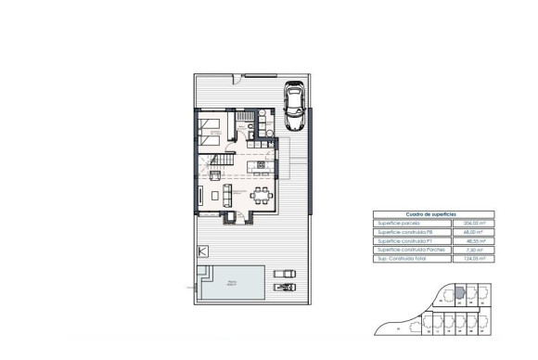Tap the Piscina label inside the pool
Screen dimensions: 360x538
pos(233,282)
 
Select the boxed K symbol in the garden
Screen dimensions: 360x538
pos(203,251)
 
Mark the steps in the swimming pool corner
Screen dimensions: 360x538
pos(205,272)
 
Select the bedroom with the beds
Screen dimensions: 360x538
pos(213,125)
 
